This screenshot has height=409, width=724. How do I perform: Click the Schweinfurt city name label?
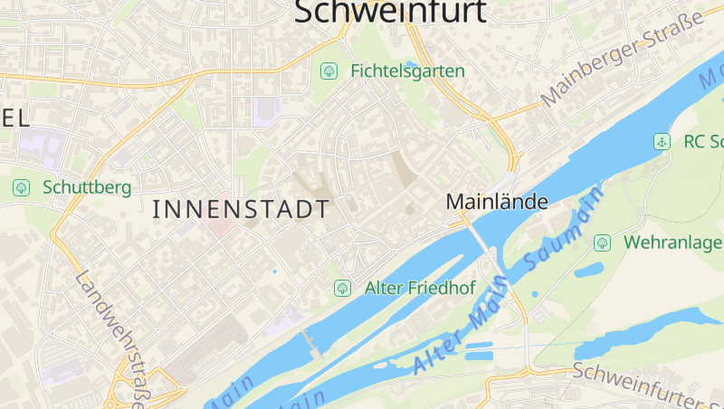pos(391,11)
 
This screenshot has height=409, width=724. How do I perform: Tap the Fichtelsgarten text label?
pos(407,71)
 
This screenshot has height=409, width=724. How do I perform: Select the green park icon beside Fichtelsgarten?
pos(329,70)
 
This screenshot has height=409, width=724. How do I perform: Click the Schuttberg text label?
pos(87,187)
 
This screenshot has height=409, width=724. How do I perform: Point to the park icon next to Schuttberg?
pos(21,187)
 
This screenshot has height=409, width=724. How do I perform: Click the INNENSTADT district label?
pos(241,209)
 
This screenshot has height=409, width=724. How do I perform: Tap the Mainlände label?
pos(497,202)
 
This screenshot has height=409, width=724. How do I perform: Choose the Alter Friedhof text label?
pos(420,288)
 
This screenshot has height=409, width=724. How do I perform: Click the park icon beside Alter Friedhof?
pos(342,288)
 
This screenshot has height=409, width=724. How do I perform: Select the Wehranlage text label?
pos(672,243)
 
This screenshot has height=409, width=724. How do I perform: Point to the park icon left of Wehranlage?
pos(602,243)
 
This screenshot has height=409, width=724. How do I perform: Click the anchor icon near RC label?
pos(662,141)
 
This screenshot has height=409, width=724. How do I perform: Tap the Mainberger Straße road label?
pos(622,61)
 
